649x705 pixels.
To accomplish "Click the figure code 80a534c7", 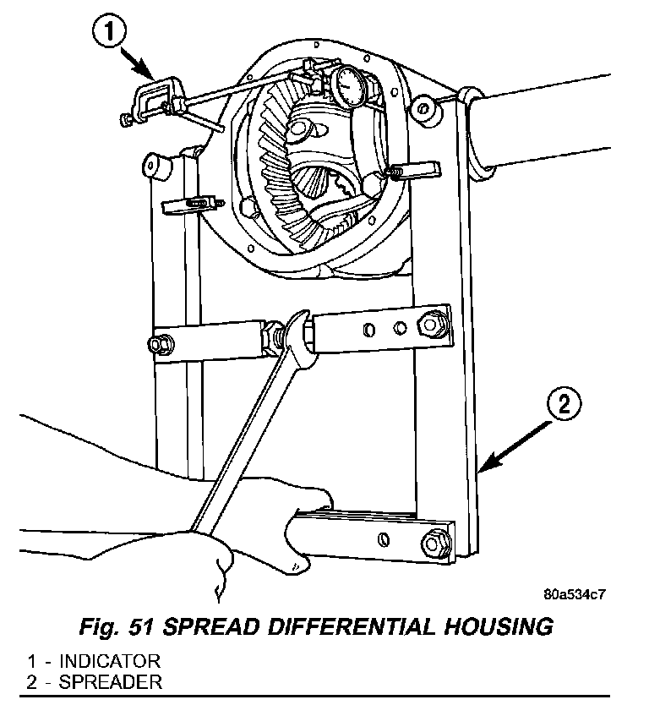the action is click(574, 594).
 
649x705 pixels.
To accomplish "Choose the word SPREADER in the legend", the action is click(99, 680).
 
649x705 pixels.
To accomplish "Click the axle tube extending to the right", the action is click(558, 123).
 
